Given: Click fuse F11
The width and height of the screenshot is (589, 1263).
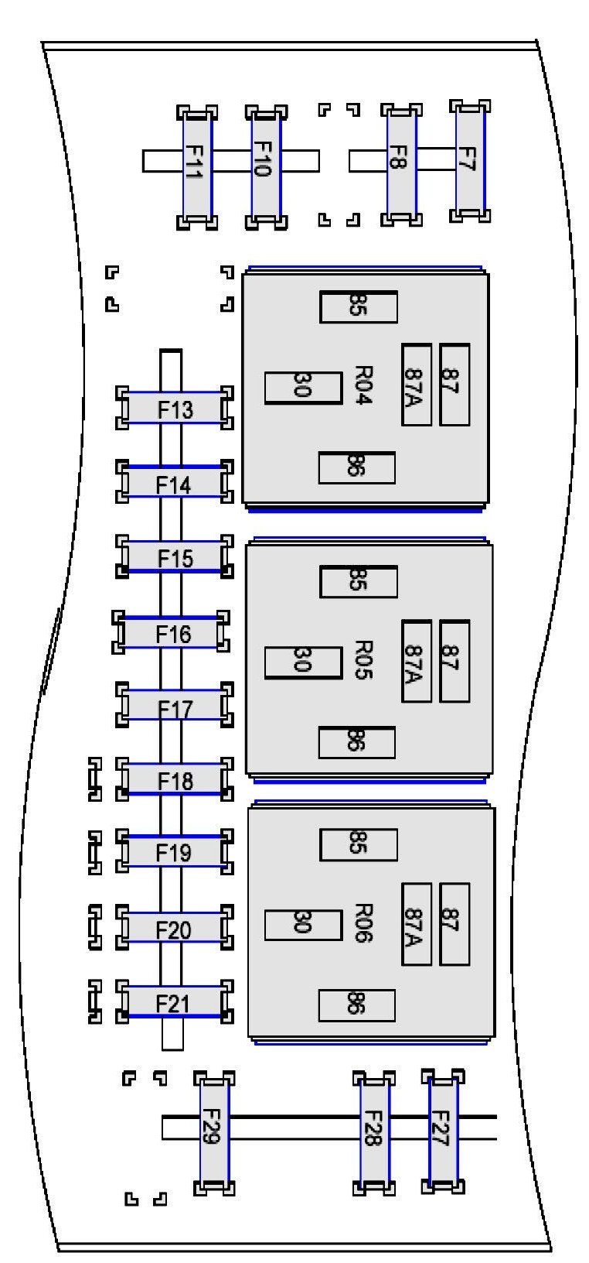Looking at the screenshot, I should pos(196,167).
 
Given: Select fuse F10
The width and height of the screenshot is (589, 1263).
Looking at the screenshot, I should pos(265,167).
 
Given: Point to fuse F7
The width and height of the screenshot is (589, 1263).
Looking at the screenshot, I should pos(469,159).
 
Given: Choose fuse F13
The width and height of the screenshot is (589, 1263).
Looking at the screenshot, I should pos(175,409).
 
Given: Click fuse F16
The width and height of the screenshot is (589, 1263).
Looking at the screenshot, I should pos(172,634).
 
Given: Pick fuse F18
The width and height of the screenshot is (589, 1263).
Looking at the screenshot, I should pos(175,780).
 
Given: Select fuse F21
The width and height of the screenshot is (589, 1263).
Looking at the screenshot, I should pos(172,1003).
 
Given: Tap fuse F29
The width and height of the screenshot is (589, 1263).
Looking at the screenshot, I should pos(213,1131).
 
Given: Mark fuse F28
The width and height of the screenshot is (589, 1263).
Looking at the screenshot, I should pos(374,1130).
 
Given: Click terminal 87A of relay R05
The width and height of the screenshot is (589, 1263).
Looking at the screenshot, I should pos(416,662).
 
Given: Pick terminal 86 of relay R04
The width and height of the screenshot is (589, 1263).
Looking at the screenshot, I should pos(356,467).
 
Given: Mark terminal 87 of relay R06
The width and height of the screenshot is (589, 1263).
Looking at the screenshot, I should pos(454,924).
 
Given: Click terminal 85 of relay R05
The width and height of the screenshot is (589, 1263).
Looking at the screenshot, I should pos(359,582).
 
